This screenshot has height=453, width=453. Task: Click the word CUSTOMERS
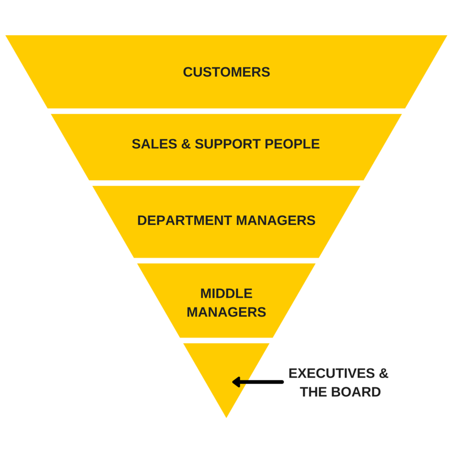tap(226, 72)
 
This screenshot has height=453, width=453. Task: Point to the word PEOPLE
tap(292, 144)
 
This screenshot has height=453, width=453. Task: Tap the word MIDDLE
tap(226, 293)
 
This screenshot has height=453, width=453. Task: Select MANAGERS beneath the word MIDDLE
tap(226, 312)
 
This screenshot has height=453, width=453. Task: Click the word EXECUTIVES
tap(332, 374)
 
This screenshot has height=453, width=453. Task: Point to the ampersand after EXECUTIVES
tap(384, 374)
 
